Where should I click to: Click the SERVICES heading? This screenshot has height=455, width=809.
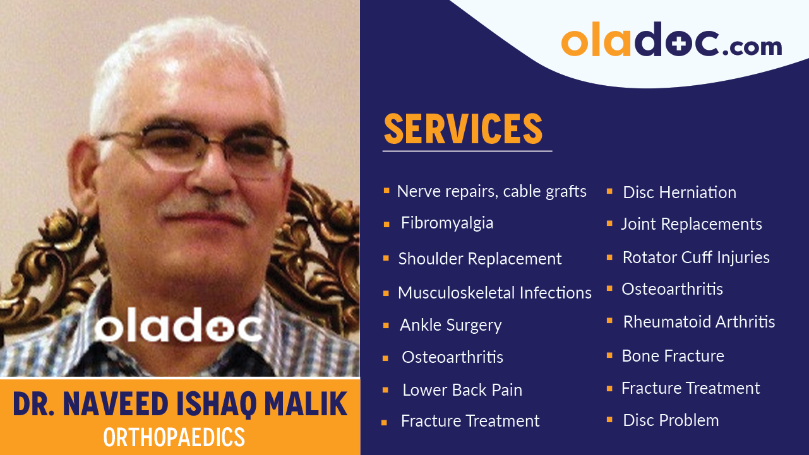tap(463, 129)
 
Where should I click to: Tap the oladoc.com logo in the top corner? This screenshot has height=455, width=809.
tap(671, 42)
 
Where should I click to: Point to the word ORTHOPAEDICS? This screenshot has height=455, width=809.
tap(174, 437)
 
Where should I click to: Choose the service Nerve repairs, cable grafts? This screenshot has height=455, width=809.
tap(491, 191)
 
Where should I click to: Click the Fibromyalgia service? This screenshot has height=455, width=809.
tap(447, 223)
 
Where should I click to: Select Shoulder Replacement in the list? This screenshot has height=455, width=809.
tap(480, 259)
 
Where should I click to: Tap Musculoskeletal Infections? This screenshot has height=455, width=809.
tap(494, 293)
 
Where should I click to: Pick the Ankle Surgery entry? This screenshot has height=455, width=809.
tap(451, 325)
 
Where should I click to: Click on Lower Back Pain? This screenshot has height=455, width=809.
tap(462, 390)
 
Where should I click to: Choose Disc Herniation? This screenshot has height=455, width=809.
tap(680, 192)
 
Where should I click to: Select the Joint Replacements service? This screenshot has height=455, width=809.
tap(692, 224)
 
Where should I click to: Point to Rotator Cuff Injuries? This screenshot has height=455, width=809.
tap(696, 257)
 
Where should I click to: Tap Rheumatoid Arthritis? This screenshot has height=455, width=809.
tap(699, 322)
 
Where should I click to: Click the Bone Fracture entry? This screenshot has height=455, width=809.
tap(673, 356)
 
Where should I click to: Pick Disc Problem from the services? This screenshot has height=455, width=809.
tap(671, 420)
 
